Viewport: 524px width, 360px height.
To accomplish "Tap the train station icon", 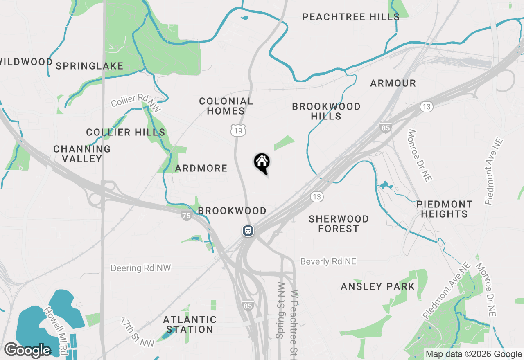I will click(x=248, y=231).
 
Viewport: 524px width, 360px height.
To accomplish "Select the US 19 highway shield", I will click(x=238, y=130).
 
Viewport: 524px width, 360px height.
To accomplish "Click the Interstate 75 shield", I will click(x=187, y=216).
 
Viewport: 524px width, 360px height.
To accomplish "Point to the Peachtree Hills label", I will click(x=351, y=17).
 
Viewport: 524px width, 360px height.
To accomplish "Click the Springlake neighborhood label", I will click(x=89, y=66).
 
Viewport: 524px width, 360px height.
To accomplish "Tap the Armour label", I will click(x=393, y=83).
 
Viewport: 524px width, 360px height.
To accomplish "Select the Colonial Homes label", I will click(x=226, y=106).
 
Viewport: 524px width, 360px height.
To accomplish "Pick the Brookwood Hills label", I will click(x=326, y=111).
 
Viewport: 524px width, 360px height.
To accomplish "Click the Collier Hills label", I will click(x=126, y=132).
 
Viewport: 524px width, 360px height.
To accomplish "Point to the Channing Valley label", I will click(x=82, y=154).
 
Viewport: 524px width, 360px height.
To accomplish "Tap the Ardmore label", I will click(x=201, y=168).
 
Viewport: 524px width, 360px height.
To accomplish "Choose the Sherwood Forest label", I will click(x=339, y=224).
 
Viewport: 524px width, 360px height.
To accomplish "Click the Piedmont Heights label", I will click(x=444, y=209).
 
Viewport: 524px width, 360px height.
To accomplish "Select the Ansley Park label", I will click(x=378, y=286).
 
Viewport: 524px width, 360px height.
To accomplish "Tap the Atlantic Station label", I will click(x=190, y=324).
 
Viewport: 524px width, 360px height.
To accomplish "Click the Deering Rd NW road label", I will click(x=141, y=268).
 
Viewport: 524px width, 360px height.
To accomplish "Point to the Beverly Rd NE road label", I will click(x=328, y=261).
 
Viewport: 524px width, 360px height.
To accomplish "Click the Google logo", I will click(x=28, y=350).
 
